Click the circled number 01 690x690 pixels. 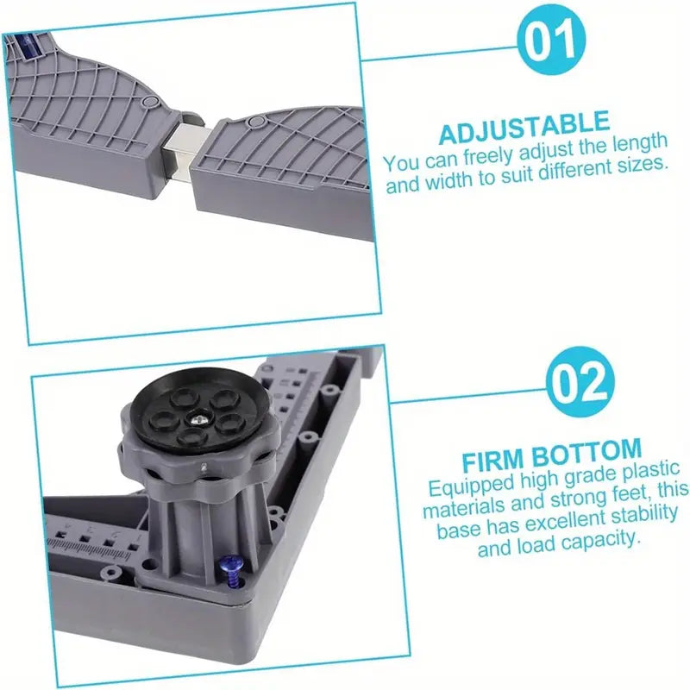tap(551, 41)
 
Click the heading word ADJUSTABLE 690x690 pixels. tap(524, 127)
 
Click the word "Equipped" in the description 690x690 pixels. tap(471, 486)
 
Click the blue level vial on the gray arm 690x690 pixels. tap(28, 47)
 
